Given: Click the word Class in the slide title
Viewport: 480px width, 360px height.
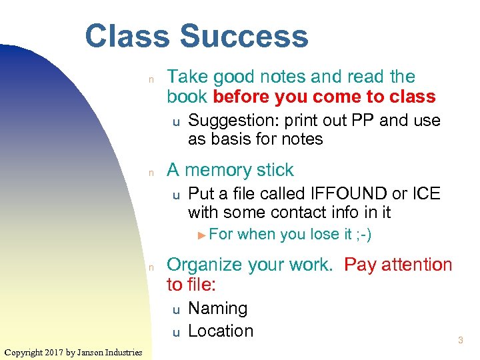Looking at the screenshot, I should [x=127, y=37].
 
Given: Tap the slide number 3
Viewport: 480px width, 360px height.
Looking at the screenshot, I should [x=460, y=341].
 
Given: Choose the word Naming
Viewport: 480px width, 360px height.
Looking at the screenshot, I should [x=218, y=309].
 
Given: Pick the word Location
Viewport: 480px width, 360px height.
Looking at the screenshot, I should [x=221, y=331].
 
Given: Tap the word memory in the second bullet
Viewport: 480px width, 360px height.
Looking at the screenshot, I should [x=218, y=170].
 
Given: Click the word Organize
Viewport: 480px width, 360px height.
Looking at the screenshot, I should [x=204, y=265].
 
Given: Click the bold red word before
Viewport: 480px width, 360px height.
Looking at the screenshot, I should [x=241, y=97].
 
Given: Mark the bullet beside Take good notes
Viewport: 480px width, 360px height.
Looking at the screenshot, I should [x=151, y=79].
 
